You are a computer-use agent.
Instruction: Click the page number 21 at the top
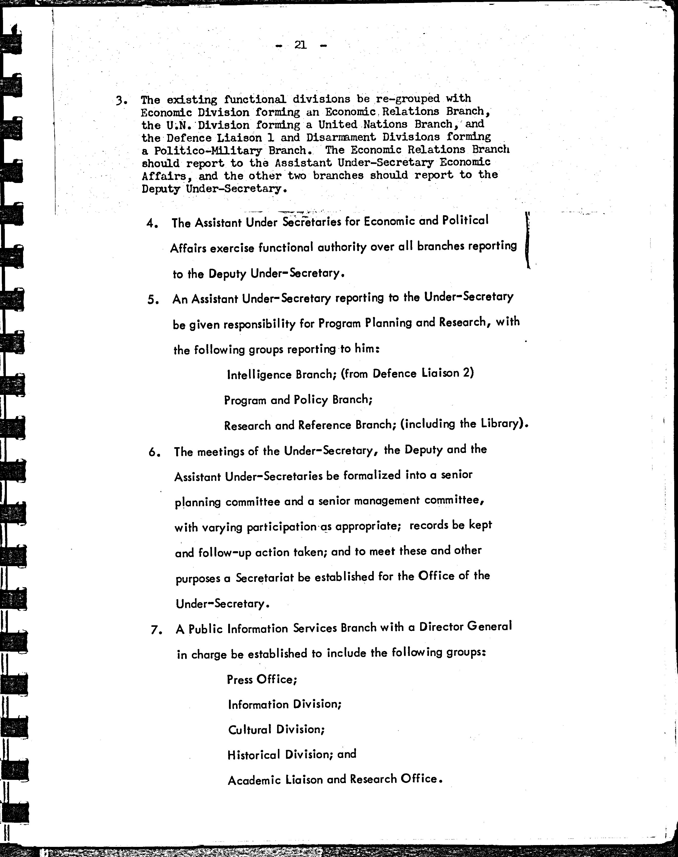pyautogui.click(x=300, y=45)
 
